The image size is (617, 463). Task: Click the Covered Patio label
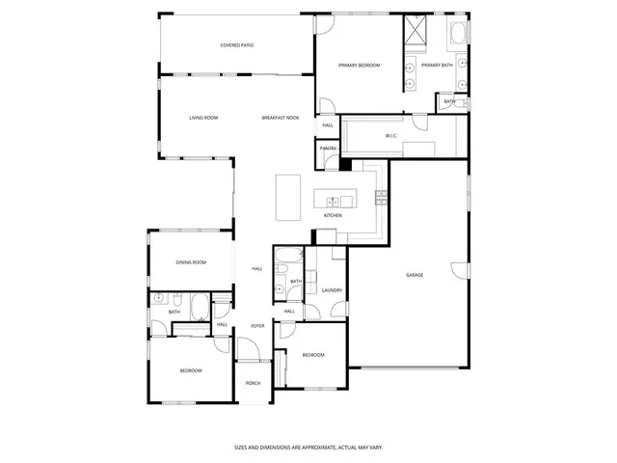(236, 45)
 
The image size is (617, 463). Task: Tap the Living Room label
(203, 118)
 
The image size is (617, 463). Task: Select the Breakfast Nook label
(281, 118)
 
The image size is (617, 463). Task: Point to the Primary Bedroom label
(359, 65)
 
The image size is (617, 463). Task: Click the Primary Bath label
(437, 65)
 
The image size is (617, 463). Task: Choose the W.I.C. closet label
(391, 136)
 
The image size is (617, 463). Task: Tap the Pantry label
(329, 149)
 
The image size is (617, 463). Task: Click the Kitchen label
(333, 215)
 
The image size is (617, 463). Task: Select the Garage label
(415, 275)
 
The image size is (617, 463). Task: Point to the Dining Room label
(191, 262)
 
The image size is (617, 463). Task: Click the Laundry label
(332, 290)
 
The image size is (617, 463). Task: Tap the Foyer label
(257, 326)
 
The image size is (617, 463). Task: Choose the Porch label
(253, 383)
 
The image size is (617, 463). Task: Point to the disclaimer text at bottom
(308, 447)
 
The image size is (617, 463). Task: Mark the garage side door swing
(461, 269)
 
